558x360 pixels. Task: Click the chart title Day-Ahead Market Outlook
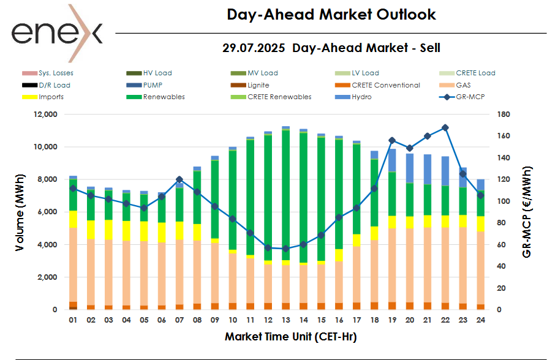[x=331, y=14]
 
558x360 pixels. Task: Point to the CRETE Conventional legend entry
[x=385, y=85]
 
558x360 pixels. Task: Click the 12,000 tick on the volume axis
[x=45, y=114]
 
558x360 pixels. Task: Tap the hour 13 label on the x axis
[x=285, y=320]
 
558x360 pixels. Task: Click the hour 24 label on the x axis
[x=481, y=320]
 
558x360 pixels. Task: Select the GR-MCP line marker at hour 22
[x=445, y=127]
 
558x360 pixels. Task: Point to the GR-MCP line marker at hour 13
[x=285, y=249]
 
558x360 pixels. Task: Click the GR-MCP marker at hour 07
[x=179, y=179]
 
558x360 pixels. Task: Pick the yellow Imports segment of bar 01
[x=73, y=219]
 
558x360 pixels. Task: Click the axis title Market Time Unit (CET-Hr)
[x=290, y=337]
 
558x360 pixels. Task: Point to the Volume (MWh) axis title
[x=20, y=212]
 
